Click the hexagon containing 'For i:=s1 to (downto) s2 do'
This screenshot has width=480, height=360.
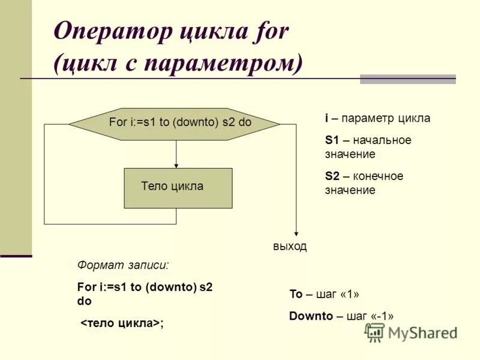(175, 124)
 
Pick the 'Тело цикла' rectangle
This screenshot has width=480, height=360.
(178, 188)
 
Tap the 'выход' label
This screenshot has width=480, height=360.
(289, 247)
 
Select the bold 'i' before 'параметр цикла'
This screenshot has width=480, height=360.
(327, 118)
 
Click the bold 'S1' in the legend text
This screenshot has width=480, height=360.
(332, 140)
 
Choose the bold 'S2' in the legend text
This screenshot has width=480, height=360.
(332, 176)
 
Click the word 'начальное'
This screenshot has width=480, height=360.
(383, 140)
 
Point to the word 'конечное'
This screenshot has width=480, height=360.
(378, 176)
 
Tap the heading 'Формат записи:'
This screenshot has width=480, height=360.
(123, 265)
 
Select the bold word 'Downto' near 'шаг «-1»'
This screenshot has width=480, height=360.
(311, 316)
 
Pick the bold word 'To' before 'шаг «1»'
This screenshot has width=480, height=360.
(296, 294)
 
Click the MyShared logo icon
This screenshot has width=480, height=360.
(375, 332)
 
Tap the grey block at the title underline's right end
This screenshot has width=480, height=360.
(407, 79)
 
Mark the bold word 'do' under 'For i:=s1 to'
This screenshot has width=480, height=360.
(84, 302)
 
